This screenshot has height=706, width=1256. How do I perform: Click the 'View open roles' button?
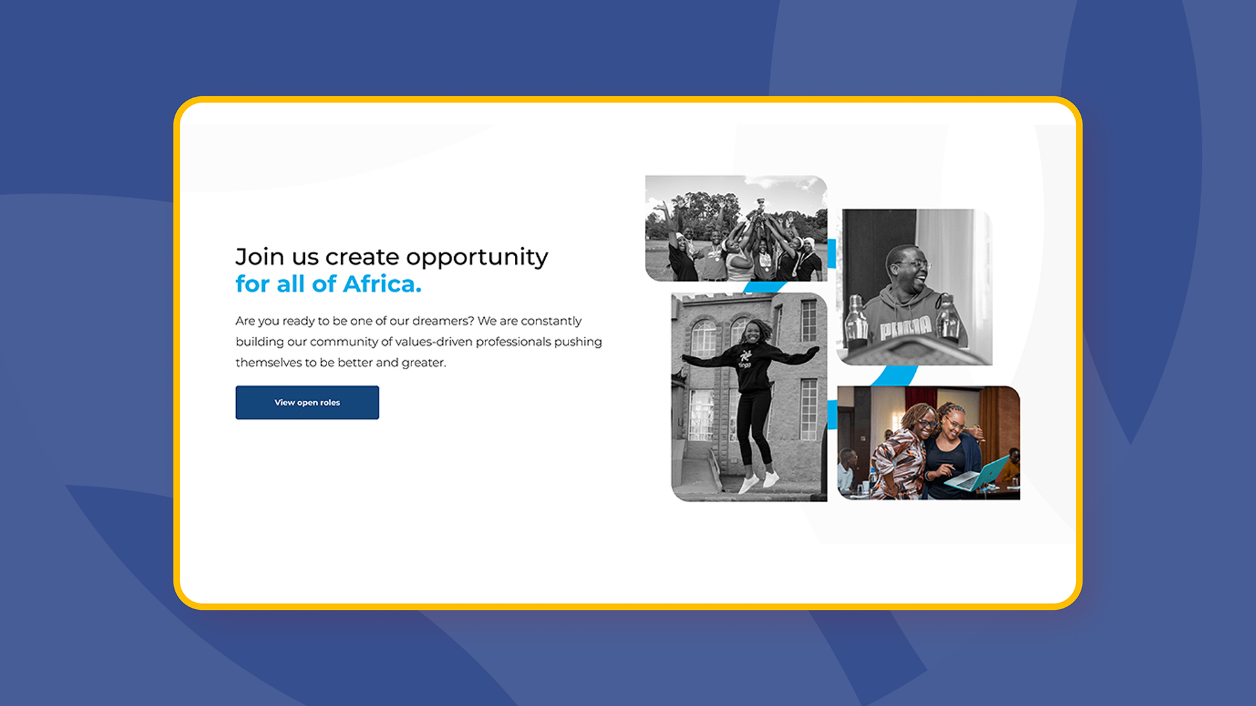[307, 402]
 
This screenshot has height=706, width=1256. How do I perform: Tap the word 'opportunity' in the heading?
[480, 258]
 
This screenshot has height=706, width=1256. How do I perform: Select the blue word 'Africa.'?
[382, 284]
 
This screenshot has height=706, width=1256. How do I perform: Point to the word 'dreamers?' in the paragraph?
[443, 321]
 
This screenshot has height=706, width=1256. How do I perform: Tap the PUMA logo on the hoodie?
[905, 326]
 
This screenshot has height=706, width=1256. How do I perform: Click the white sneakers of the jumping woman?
[759, 482]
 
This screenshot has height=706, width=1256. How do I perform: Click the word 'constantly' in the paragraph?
[551, 321]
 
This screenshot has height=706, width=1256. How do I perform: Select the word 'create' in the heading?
[362, 258]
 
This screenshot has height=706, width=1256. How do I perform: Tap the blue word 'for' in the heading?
[253, 284]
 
